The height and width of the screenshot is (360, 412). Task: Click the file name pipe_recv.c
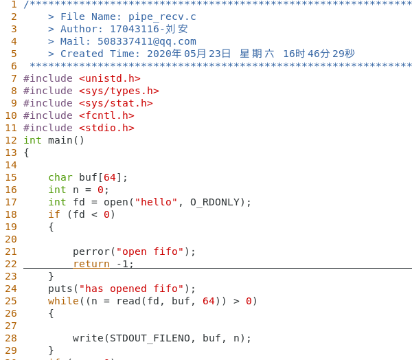162,16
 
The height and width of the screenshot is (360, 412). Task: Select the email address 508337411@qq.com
147,41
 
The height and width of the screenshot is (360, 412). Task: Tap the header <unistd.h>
110,78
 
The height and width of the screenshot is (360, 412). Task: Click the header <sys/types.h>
119,91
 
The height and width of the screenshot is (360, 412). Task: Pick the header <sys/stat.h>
116,103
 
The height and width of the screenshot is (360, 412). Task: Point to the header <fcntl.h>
106,115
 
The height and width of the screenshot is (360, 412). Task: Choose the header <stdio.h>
106,128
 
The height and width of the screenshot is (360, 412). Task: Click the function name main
60,140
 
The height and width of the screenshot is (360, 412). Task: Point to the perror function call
91,251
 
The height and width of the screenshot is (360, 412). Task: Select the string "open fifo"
150,251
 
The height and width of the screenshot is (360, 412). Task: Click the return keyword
91,264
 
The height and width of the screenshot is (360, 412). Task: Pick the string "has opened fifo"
131,289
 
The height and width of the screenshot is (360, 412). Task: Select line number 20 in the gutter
11,239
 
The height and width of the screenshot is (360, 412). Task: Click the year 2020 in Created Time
159,54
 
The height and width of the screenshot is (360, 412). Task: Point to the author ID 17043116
135,29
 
